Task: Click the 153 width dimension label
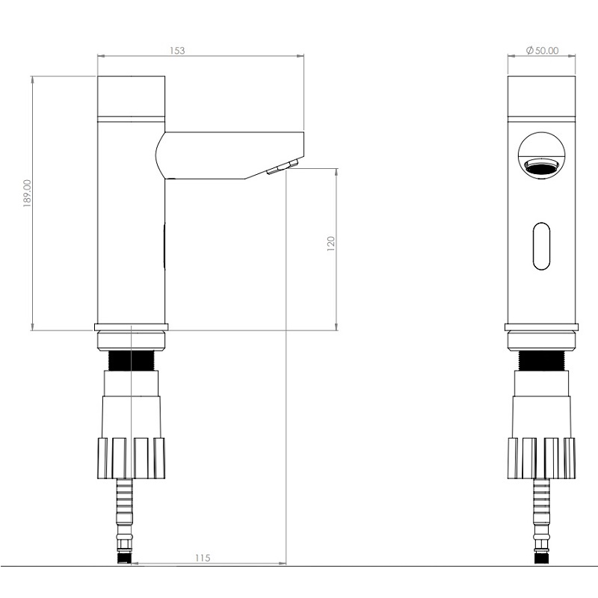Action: (x=177, y=50)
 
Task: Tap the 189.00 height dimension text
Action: (x=28, y=194)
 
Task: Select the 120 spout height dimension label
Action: (x=330, y=244)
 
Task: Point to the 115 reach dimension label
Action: (x=203, y=558)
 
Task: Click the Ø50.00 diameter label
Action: (x=542, y=50)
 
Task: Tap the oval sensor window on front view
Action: (x=541, y=246)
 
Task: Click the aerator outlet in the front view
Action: (x=541, y=167)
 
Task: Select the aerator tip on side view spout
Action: (x=283, y=167)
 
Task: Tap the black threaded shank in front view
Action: (x=541, y=360)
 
